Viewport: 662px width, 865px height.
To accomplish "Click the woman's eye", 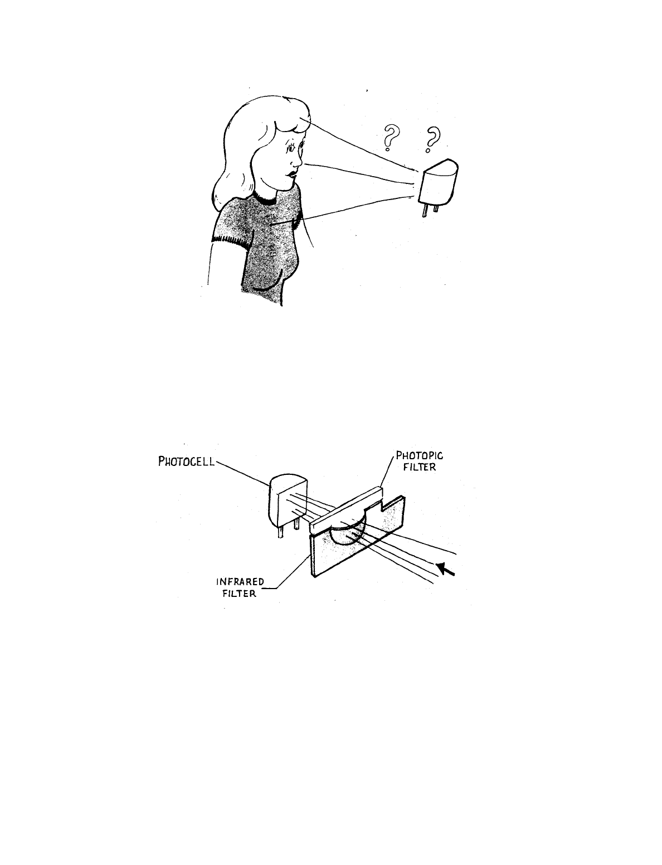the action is click(x=291, y=149).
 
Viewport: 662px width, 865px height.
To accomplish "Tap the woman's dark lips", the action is click(x=291, y=174).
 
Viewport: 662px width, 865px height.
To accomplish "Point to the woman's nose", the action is click(x=300, y=162).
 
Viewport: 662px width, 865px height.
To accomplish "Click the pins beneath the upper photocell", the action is click(x=430, y=211).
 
